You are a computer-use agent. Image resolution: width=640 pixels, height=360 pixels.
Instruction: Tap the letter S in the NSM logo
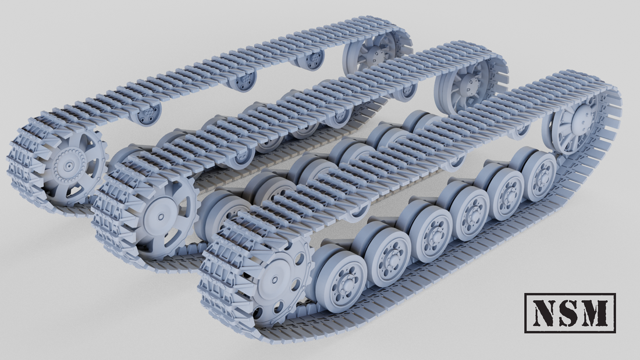coord(570,313)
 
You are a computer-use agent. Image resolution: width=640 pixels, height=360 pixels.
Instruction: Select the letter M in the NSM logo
coord(596,313)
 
